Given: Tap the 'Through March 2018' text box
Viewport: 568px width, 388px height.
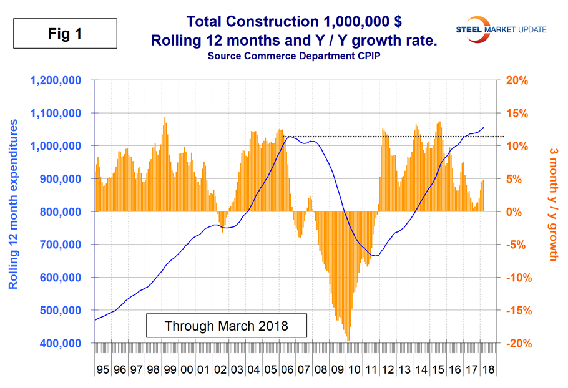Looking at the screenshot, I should click(218, 326).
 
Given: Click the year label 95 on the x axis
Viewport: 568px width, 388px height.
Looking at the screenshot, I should click(103, 369).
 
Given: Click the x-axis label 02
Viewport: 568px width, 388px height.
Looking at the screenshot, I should click(220, 369).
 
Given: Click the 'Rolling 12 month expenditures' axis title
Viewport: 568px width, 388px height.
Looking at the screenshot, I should click(14, 206).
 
